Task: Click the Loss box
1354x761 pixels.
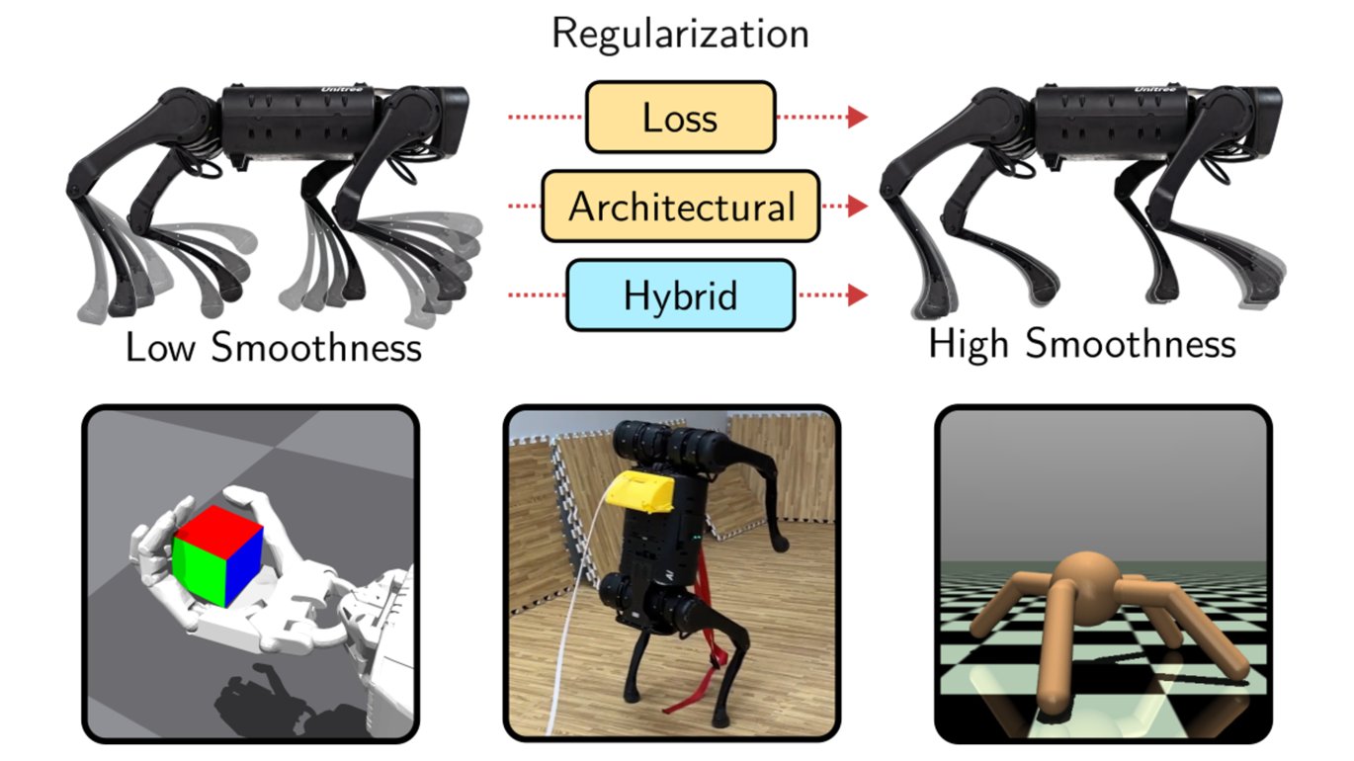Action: pyautogui.click(x=680, y=118)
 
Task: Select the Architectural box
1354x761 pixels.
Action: pyautogui.click(x=680, y=207)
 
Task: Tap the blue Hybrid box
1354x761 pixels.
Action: pyautogui.click(x=680, y=295)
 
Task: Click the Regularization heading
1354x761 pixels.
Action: pyautogui.click(x=680, y=33)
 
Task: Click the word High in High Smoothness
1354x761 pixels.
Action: pyautogui.click(x=970, y=344)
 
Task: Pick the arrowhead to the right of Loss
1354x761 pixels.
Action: pyautogui.click(x=858, y=118)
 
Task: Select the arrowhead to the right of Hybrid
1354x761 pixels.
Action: pyautogui.click(x=858, y=295)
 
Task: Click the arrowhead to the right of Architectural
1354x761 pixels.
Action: pyautogui.click(x=858, y=207)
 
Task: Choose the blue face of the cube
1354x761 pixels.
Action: pyautogui.click(x=243, y=569)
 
